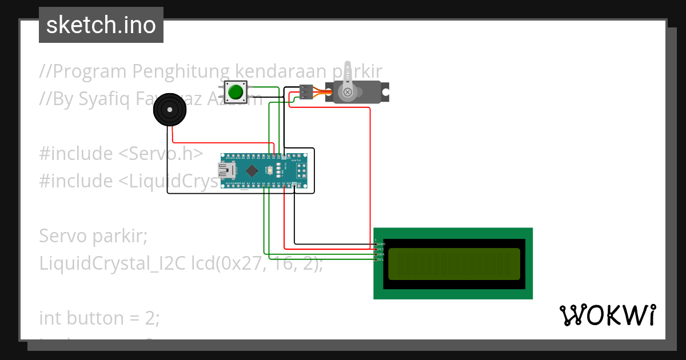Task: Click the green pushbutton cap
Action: tap(235, 91)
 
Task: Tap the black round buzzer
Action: tap(170, 109)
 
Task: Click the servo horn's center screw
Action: tap(347, 91)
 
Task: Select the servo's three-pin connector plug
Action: tap(306, 91)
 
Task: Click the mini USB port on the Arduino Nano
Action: tap(227, 170)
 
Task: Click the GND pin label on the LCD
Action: tap(380, 244)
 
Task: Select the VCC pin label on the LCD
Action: tap(380, 249)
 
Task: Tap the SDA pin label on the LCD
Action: tap(380, 254)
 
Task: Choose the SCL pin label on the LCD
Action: tap(380, 259)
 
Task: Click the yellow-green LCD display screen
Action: tap(454, 264)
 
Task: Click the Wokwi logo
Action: tap(607, 315)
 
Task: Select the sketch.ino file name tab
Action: tap(101, 25)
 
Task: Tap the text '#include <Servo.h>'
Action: tap(121, 154)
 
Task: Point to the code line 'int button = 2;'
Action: tap(99, 318)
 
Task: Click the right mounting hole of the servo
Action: tap(386, 91)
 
